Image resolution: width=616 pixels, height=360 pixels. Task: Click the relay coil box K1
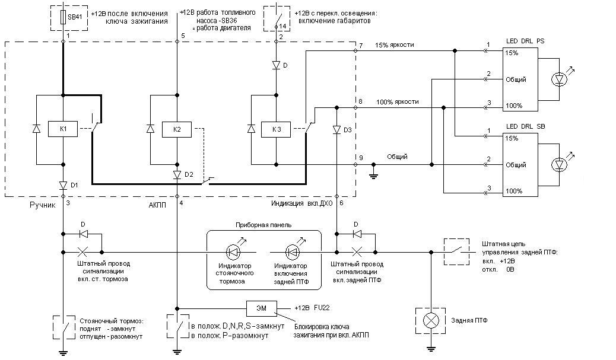[63, 129]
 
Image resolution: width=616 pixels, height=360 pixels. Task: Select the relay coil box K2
[177, 129]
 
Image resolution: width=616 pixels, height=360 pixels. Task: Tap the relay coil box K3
[276, 129]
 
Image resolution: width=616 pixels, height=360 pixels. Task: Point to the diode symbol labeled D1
[63, 185]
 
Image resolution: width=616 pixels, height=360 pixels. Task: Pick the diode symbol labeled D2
[177, 174]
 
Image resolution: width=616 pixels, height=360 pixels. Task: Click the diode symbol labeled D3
[336, 129]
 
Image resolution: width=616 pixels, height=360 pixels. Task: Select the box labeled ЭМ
[261, 308]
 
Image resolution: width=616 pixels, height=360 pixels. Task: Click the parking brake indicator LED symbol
[233, 252]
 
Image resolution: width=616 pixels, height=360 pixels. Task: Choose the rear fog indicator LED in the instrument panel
[292, 252]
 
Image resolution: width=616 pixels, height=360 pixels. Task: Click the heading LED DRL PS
[525, 41]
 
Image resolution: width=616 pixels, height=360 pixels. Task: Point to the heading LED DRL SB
[525, 126]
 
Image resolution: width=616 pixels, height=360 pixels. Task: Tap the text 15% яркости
[395, 44]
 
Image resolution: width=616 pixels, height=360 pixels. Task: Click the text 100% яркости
[397, 101]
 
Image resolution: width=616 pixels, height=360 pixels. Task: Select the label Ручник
[43, 205]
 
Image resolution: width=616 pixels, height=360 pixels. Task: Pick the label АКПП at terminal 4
[157, 205]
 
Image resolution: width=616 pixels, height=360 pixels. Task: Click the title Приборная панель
[263, 225]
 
